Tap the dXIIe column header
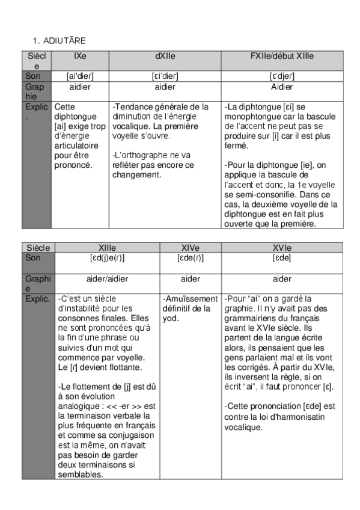164,56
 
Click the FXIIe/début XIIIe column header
281,56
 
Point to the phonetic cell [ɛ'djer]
281,76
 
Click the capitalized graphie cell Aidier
281,87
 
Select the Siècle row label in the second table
38,248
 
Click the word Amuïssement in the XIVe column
190,299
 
